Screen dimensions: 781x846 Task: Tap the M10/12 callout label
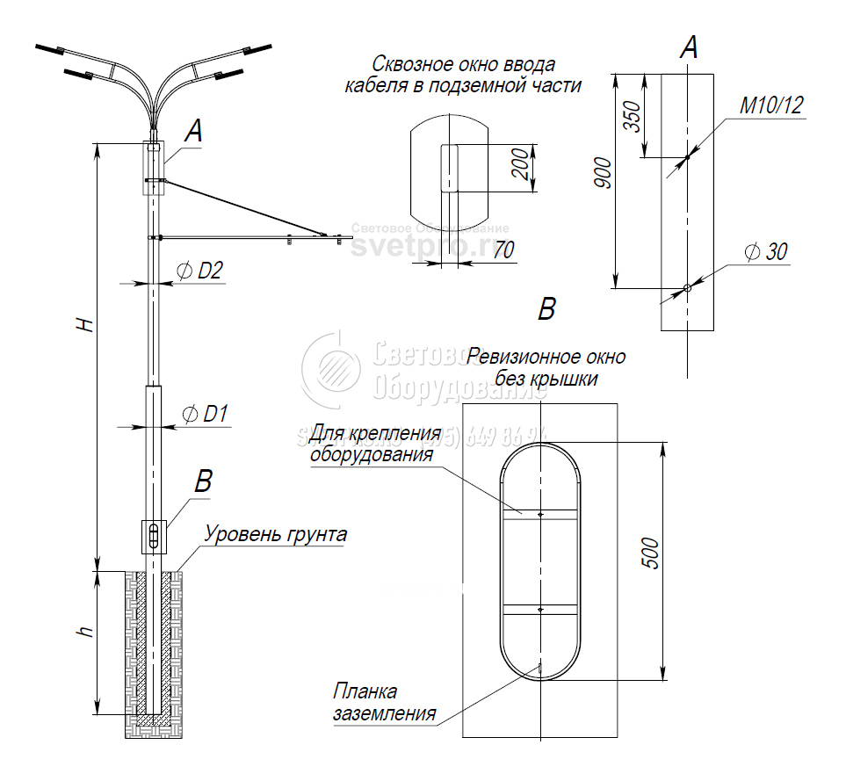click(771, 106)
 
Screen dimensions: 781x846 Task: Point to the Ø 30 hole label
click(766, 252)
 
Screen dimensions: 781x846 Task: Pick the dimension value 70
click(503, 249)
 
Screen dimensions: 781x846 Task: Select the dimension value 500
click(651, 552)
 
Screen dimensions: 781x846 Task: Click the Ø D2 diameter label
click(200, 271)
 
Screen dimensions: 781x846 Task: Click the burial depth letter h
click(84, 633)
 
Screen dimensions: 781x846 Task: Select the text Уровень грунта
click(275, 534)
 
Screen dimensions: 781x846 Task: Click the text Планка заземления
click(384, 703)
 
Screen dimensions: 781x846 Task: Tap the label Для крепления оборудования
click(374, 444)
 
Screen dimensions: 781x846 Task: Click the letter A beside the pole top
click(193, 133)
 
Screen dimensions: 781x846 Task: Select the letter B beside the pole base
click(203, 481)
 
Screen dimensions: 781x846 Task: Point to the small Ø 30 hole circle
click(687, 287)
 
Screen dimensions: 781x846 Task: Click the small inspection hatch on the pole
click(155, 536)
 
